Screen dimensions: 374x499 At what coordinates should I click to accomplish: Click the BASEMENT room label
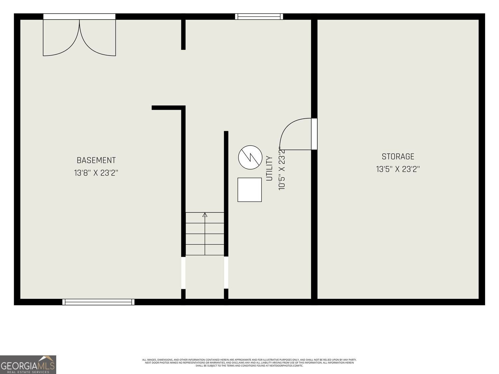(x=96, y=160)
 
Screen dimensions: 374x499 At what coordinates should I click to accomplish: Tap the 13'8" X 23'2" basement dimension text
(x=96, y=173)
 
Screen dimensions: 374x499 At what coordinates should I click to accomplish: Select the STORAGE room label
(x=398, y=157)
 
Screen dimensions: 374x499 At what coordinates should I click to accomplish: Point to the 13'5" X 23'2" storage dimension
(x=398, y=169)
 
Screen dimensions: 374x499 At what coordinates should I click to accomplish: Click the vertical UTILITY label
(x=269, y=169)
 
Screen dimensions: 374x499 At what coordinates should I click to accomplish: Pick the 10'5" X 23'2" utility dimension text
(x=282, y=169)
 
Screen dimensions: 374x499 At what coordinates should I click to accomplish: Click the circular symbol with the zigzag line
(x=250, y=157)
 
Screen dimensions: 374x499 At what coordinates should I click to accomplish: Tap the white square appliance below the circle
(x=249, y=190)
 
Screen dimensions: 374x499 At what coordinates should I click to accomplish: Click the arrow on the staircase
(x=205, y=215)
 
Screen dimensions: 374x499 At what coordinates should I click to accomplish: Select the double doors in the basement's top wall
(x=79, y=37)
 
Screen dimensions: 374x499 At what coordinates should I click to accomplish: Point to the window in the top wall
(x=259, y=17)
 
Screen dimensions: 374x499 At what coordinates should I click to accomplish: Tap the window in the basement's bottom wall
(x=98, y=302)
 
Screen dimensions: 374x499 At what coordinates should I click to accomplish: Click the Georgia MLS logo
(x=28, y=364)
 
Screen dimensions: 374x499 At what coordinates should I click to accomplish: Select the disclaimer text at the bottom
(x=249, y=362)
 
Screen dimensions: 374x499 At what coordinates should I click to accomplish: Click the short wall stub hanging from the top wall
(x=183, y=35)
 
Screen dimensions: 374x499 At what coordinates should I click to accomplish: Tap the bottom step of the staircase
(x=205, y=250)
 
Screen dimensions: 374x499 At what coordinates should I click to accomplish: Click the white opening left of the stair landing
(x=183, y=273)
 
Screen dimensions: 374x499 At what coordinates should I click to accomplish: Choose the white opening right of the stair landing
(x=226, y=273)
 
